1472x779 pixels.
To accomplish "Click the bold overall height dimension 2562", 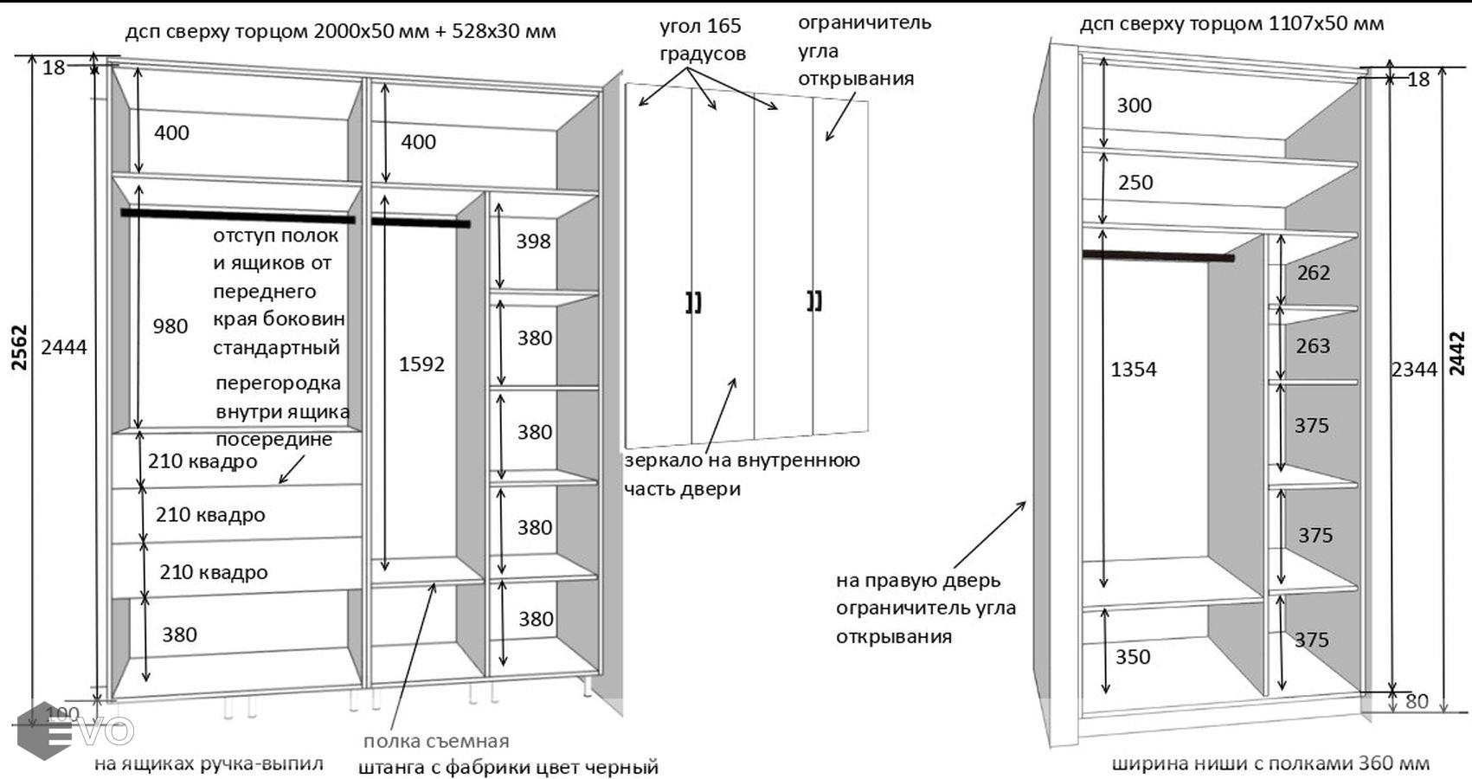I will tap(19, 348).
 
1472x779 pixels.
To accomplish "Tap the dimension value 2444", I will tap(64, 347).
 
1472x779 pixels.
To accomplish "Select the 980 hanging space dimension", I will tap(170, 326).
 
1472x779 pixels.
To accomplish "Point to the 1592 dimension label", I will tap(421, 364).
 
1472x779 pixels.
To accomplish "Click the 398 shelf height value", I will tap(533, 241).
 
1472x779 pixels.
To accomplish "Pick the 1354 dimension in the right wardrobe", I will tap(1133, 370).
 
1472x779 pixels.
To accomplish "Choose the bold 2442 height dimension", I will tap(1457, 353).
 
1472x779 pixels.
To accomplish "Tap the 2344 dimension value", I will tap(1414, 370).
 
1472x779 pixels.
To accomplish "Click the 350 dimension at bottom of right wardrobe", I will tap(1132, 657).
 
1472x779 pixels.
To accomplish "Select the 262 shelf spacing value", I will tap(1313, 274).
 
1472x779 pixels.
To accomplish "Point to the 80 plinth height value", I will tap(1417, 701).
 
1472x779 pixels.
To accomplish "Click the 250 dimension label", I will tap(1135, 183).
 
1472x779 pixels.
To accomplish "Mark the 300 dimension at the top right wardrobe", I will tap(1134, 106).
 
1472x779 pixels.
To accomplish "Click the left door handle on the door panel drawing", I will tap(693, 302).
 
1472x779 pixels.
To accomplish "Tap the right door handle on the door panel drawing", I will tap(814, 300).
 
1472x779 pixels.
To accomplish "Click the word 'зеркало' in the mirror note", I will tap(663, 460).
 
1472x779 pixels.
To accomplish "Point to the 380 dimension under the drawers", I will tap(179, 635).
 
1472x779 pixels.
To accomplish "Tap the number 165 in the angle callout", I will tap(723, 26).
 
